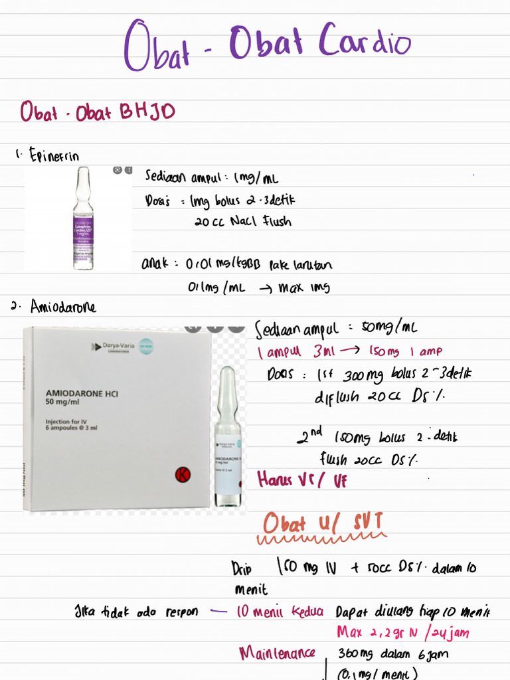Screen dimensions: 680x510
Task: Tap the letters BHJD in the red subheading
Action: click(147, 112)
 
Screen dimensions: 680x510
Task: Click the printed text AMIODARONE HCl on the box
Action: click(82, 392)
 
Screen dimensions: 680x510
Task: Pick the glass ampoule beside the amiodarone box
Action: click(228, 438)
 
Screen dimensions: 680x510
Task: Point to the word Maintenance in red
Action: click(277, 653)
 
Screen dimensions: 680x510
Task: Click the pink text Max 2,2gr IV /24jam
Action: click(402, 632)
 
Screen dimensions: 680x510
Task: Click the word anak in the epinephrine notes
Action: click(153, 264)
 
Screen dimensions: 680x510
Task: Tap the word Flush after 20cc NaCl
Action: click(275, 221)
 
